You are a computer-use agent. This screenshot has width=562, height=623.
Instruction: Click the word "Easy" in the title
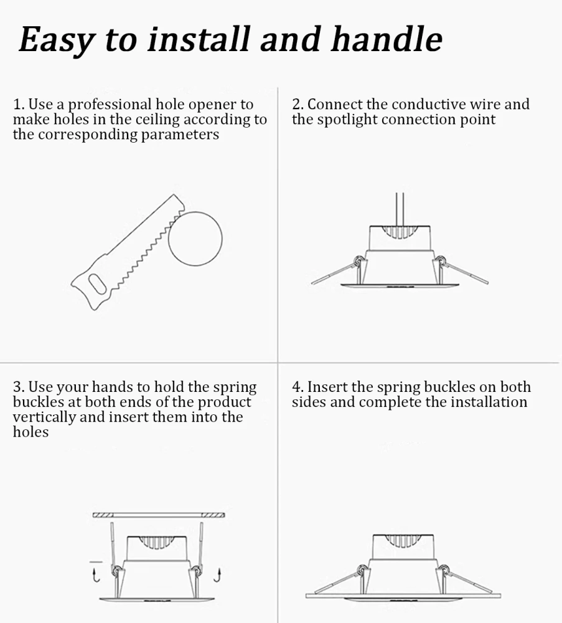[x=57, y=39]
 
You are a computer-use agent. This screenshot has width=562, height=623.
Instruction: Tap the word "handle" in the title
[x=386, y=39]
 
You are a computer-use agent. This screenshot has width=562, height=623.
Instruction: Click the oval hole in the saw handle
[x=97, y=283]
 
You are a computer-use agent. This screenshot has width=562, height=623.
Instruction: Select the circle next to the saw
[x=195, y=239]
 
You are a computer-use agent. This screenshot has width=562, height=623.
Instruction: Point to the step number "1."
[x=19, y=105]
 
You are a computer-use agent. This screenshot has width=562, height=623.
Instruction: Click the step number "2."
[x=298, y=105]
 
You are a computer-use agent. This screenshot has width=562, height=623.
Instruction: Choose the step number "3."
[x=19, y=387]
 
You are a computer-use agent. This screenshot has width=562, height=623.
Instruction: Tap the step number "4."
[x=298, y=387]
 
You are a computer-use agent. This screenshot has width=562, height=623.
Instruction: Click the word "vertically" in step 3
[x=44, y=417]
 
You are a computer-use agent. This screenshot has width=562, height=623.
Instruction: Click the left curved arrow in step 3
[x=96, y=575]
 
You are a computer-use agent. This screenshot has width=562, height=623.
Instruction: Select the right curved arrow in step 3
[x=217, y=575]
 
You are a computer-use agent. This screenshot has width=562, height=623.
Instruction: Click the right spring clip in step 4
[x=465, y=579]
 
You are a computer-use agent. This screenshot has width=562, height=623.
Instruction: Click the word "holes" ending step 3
[x=30, y=432]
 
